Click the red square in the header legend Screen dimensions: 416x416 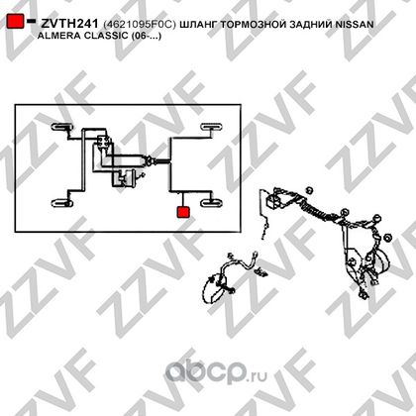point(15,21)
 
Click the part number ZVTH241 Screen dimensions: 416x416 point(69,24)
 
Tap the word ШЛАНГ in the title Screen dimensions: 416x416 point(199,24)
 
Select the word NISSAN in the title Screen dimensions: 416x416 point(355,24)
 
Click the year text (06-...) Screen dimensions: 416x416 point(147,36)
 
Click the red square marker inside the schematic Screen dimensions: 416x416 point(183,212)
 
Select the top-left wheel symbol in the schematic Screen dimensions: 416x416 point(62,127)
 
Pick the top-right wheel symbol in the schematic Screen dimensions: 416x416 point(212,127)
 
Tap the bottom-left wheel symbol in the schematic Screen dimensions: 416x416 point(62,203)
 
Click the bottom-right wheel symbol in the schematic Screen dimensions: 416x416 point(212,202)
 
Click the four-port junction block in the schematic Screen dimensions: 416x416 point(103,144)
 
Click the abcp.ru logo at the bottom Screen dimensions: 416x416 point(216,373)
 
